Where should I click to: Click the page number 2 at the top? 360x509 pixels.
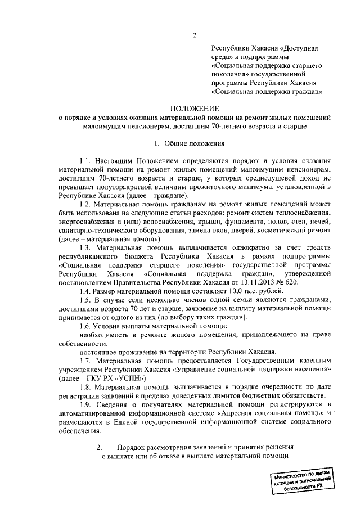[x=194, y=37]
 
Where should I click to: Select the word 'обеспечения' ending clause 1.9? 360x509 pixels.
[x=80, y=431]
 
